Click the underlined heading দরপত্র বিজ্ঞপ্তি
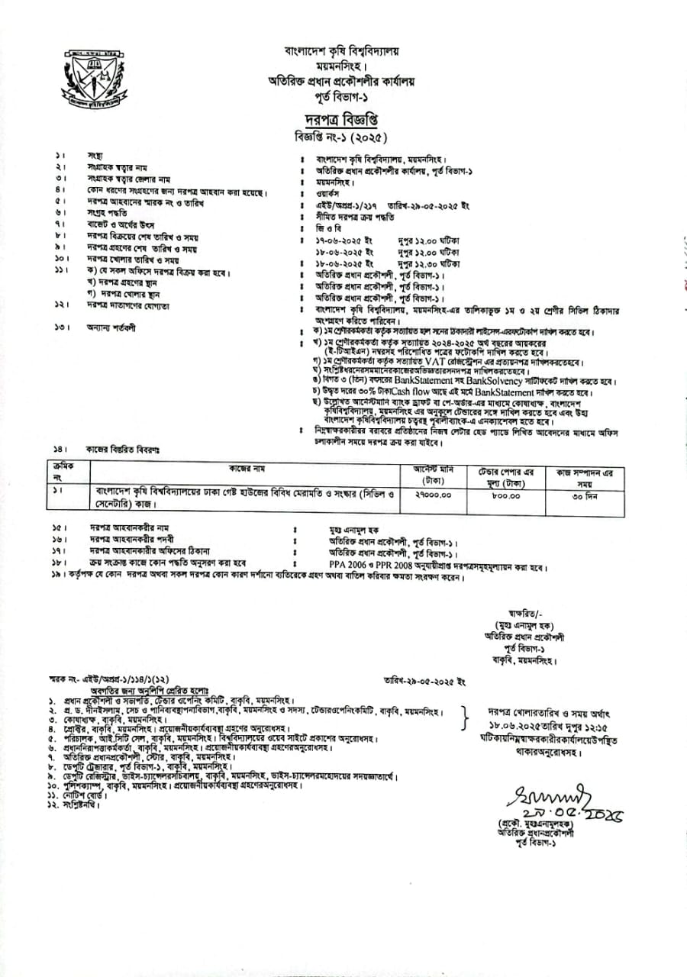tap(339, 121)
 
